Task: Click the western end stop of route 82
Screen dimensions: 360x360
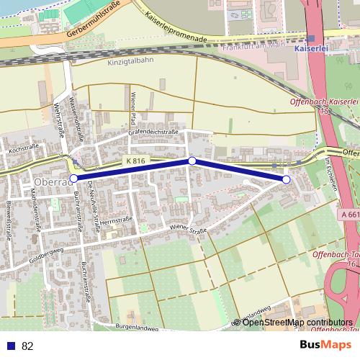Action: click(73, 178)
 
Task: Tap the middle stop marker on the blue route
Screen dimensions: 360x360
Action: click(192, 161)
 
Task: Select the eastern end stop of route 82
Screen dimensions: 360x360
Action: click(286, 179)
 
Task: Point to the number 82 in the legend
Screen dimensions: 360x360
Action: click(28, 346)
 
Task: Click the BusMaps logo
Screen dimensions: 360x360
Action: click(326, 345)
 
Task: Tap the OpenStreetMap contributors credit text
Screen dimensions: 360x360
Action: click(297, 323)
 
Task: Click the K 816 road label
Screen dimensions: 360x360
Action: click(134, 161)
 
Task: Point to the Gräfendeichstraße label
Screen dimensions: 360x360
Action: click(153, 132)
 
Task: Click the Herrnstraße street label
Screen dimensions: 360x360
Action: click(118, 220)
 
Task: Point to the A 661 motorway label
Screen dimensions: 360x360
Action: click(351, 215)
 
